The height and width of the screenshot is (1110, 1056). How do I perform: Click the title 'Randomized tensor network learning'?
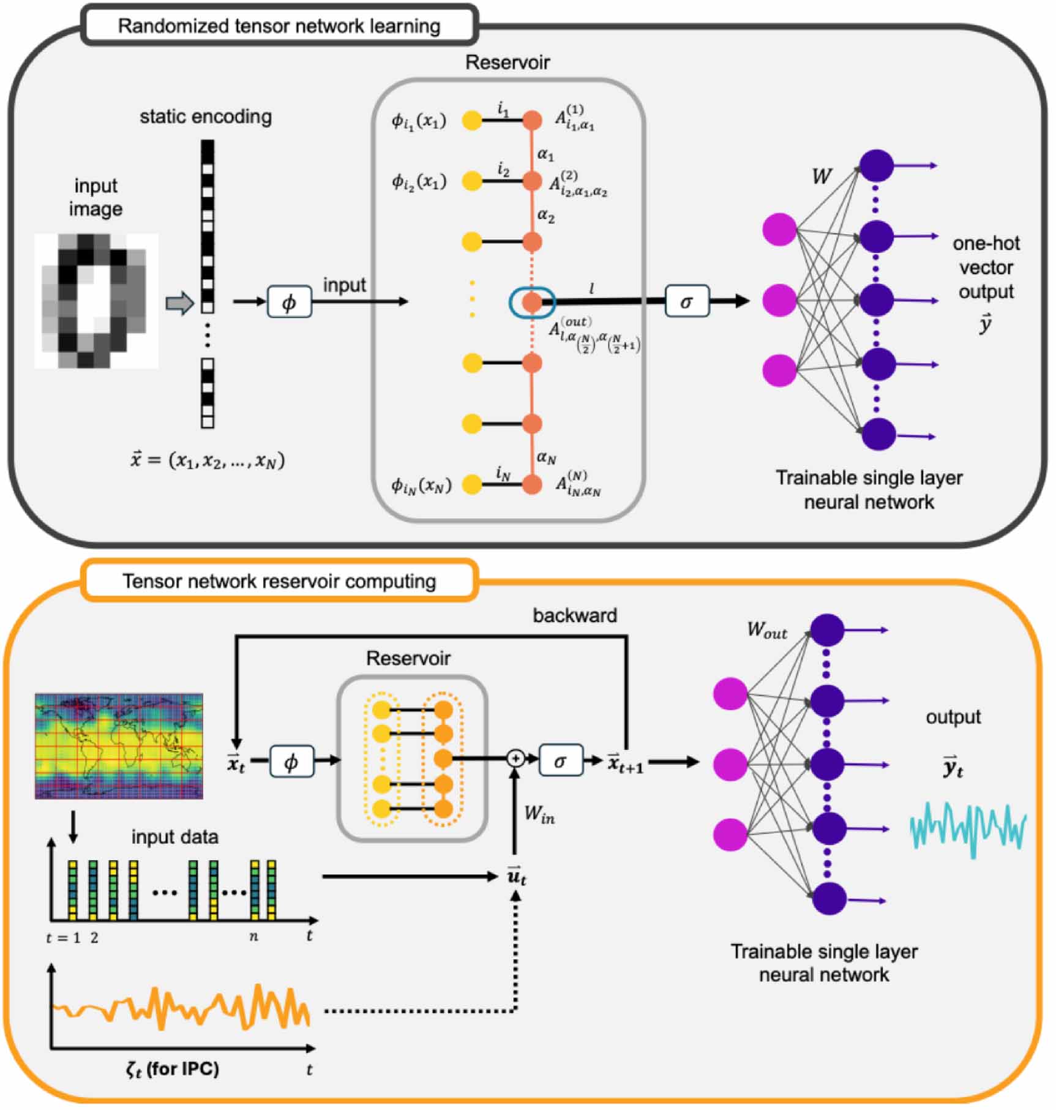tap(279, 26)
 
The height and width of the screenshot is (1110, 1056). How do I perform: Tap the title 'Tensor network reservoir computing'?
tap(279, 581)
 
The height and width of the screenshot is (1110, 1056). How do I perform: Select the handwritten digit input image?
tap(96, 301)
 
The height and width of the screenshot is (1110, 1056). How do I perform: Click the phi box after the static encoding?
tap(289, 301)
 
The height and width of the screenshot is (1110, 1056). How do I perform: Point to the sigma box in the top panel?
tap(687, 301)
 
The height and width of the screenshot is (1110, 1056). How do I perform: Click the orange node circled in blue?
tap(532, 301)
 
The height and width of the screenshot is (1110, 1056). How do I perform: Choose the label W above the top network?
tap(821, 177)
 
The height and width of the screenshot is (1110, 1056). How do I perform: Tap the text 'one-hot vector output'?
tap(986, 268)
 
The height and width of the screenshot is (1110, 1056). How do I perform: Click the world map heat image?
tap(119, 746)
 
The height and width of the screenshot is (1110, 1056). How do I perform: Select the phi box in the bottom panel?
tap(291, 762)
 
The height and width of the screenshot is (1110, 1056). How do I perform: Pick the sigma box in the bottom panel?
tap(560, 760)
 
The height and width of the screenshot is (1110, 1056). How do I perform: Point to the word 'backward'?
tap(574, 615)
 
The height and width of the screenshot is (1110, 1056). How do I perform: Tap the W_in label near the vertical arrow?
tap(539, 814)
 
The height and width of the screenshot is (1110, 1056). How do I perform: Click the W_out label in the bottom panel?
tap(766, 631)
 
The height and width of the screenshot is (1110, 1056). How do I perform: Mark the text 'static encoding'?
tap(206, 116)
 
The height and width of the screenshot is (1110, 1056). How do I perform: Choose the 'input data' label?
tap(174, 837)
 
